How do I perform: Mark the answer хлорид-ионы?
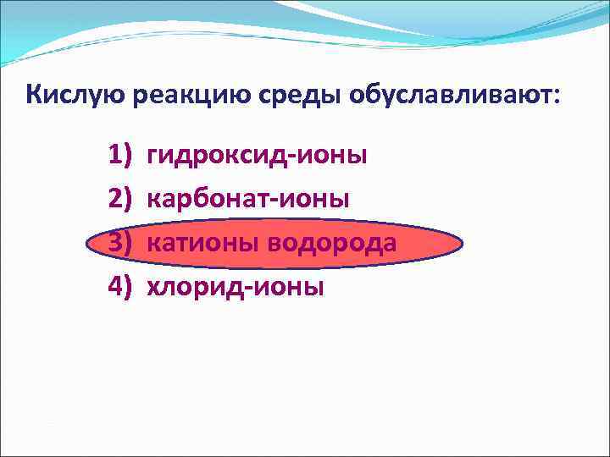pos(236,288)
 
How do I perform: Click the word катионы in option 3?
pos(203,245)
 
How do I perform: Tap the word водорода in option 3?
pos(331,245)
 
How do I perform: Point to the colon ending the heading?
pos(556,96)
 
